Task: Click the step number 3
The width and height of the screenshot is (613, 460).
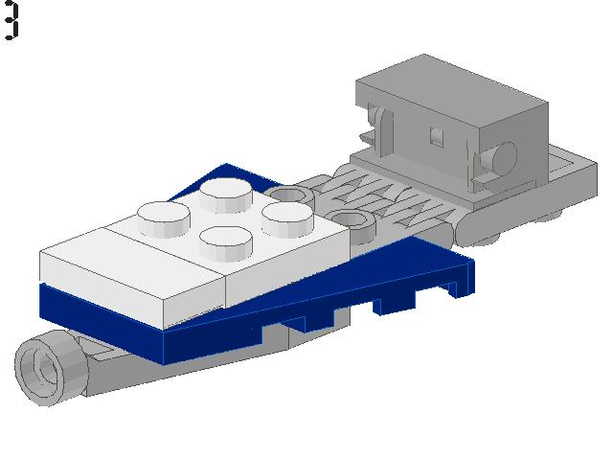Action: click(x=11, y=20)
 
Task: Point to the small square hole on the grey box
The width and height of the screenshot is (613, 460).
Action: click(x=436, y=133)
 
